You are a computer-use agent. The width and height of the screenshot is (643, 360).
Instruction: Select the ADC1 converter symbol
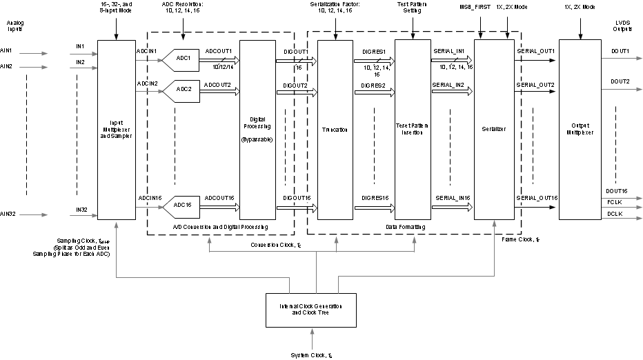[181, 59]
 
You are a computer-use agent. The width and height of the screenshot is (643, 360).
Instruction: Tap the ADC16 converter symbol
[181, 205]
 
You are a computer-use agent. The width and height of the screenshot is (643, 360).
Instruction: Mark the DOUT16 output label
[616, 191]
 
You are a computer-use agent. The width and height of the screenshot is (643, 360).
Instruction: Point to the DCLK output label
[615, 214]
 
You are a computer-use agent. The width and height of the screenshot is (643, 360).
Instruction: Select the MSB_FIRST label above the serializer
[474, 7]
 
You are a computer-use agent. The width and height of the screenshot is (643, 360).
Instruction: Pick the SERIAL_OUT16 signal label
[537, 198]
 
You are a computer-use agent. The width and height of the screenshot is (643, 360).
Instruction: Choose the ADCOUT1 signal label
[219, 52]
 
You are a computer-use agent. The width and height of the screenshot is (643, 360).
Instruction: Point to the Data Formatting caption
[412, 226]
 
